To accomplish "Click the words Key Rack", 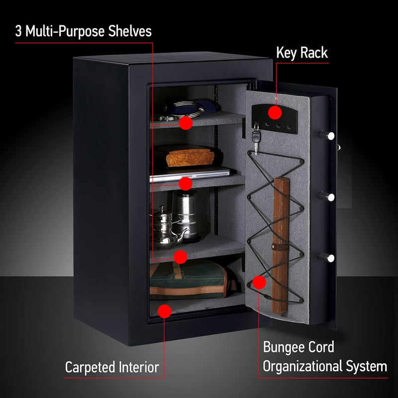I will [302, 53].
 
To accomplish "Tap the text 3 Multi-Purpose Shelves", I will [83, 32].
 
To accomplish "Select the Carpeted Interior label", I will [112, 368].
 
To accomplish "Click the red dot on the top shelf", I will [186, 123].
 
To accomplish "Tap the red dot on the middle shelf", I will [186, 184].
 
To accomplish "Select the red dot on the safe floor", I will [164, 311].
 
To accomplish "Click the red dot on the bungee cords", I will [259, 283].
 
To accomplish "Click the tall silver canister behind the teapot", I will [187, 214].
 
